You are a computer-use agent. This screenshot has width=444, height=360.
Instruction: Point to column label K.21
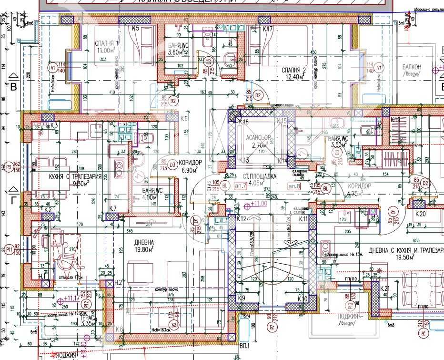click(385, 288)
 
